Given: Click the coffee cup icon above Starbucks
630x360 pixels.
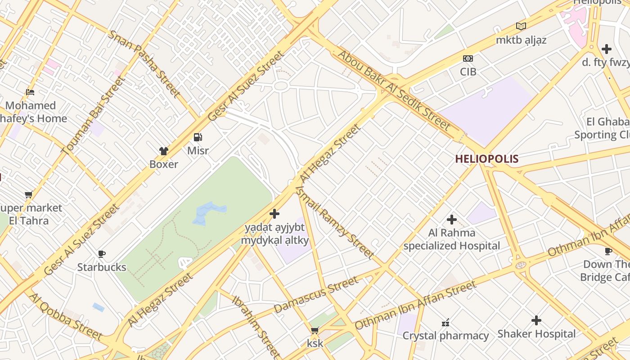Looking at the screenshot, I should point(102,254).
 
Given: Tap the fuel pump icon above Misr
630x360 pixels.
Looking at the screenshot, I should point(198,137).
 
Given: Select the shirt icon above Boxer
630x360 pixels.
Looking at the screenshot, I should point(164,151).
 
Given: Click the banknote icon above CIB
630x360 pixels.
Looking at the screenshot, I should point(468,58).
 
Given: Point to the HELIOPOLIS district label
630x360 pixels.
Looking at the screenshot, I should point(486,159).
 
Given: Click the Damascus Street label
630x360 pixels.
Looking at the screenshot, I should point(316,295).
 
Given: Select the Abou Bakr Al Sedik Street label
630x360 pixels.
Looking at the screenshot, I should point(393,90).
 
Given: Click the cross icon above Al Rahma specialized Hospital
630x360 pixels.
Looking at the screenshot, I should point(452,220).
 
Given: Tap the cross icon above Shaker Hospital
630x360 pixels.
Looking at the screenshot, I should point(536,320).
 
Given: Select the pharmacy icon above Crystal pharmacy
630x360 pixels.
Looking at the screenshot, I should point(445,323).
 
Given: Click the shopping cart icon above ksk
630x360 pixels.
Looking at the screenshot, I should point(315,331).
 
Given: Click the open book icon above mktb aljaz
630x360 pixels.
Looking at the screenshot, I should point(521,27).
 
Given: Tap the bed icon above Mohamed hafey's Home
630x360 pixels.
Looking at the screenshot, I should point(30,92).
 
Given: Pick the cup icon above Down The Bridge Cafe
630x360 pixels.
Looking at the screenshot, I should point(608,251).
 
